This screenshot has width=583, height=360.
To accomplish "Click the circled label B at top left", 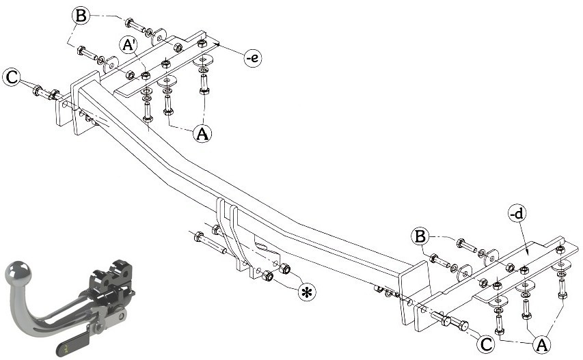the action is [x=81, y=16].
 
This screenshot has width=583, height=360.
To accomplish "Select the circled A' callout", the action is [x=128, y=45].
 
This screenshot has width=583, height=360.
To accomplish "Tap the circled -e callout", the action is [x=252, y=58].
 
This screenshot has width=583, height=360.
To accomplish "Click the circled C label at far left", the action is [x=12, y=77].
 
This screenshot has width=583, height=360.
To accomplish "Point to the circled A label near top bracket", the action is [x=202, y=133].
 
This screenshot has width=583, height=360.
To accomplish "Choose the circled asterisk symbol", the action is [x=307, y=292].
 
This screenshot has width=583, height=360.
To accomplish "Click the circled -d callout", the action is [x=517, y=213].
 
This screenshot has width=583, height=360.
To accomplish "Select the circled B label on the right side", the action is [x=420, y=236].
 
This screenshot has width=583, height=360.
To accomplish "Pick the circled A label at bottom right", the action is [x=541, y=345].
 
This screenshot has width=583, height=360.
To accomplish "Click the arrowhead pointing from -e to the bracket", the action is [x=218, y=44].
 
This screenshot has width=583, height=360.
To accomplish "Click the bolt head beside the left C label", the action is [x=37, y=90].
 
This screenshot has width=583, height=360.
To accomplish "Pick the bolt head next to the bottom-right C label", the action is [x=463, y=326].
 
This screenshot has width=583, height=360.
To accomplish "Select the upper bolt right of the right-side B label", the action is [x=467, y=245].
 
